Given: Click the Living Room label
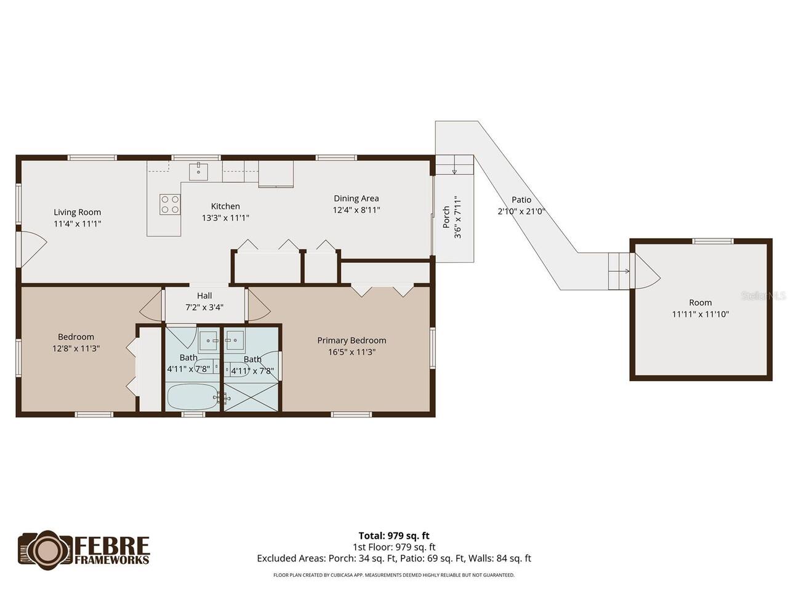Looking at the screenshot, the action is point(77,212).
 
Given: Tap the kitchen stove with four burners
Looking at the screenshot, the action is point(170,204).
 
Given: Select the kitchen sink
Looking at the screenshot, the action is point(198,172).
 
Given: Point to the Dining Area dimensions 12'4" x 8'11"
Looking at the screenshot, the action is point(356,210).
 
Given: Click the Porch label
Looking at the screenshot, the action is point(446,217).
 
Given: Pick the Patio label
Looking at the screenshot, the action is point(521,199).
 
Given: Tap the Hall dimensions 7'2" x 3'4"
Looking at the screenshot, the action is point(204,307).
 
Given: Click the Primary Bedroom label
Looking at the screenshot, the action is point(352,340).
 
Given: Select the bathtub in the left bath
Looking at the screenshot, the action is point(193,396).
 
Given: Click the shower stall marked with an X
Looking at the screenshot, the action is point(251,397).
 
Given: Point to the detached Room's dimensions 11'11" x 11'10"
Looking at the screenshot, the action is point(701,315).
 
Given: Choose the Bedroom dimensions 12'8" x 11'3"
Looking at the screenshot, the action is point(76,348).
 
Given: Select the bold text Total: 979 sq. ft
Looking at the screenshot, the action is point(394,536).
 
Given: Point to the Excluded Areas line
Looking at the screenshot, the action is point(394,558).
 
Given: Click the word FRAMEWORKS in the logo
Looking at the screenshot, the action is point(112,560).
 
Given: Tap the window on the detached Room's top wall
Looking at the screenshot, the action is point(713,241).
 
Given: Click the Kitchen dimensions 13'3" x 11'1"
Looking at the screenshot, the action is point(225,218).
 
